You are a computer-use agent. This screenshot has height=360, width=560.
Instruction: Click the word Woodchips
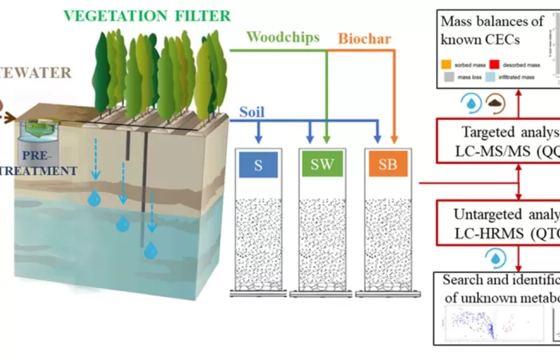coord(282,37)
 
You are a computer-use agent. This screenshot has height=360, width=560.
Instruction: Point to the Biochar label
coord(365,38)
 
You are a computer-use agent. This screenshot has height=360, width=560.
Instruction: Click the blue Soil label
coord(253,112)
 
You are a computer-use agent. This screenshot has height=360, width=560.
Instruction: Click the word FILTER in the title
coord(201,15)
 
